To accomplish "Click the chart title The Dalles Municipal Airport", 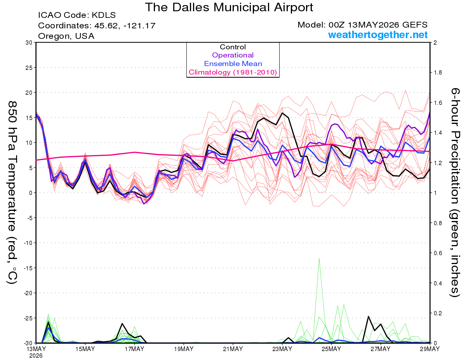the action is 229,7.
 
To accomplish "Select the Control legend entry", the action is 233,47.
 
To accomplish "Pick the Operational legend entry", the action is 233,55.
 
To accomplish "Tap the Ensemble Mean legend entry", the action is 233,64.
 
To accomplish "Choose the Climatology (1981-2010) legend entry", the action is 233,72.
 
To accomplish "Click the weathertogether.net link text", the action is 378,35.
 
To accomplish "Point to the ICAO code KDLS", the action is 104,15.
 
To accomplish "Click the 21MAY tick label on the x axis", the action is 233,349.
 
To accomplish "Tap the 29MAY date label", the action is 430,349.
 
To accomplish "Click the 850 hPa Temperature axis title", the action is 12,192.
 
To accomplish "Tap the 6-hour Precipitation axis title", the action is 454,192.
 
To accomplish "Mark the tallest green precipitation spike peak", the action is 319,259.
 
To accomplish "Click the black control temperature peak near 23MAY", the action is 282,113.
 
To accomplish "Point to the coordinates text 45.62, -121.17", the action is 125,26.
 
